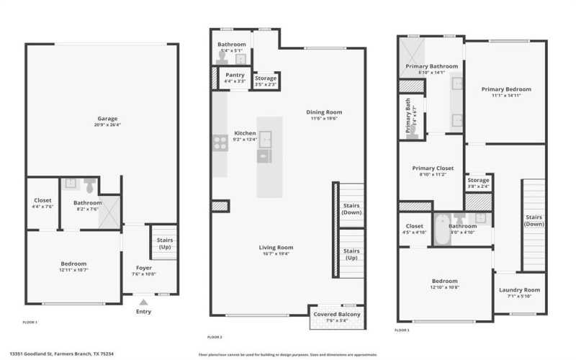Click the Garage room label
[x=108, y=118]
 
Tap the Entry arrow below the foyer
[x=144, y=303]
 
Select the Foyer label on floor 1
[x=144, y=267]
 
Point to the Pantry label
[x=235, y=75]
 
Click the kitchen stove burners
[x=220, y=143]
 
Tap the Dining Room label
[x=323, y=112]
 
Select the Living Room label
[x=276, y=248]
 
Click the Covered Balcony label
[x=336, y=315]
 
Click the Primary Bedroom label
[x=506, y=89]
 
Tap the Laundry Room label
[x=519, y=289]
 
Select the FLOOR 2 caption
[x=215, y=337]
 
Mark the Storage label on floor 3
[x=478, y=180]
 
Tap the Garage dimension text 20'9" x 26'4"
[x=108, y=125]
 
